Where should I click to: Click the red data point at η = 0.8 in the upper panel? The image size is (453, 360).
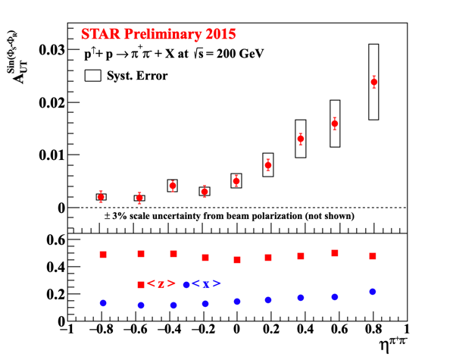(x=374, y=82)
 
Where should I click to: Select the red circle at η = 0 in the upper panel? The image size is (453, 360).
(x=236, y=181)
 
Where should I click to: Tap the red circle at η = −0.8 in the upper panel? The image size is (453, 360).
(x=101, y=197)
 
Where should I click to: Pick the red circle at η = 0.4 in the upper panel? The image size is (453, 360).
(x=301, y=139)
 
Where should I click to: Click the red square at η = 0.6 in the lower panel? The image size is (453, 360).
(x=335, y=253)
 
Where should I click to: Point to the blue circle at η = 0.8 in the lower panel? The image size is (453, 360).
(x=373, y=292)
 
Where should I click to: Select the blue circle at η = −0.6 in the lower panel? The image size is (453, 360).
(x=141, y=305)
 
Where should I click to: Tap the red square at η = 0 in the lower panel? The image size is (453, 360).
(x=237, y=260)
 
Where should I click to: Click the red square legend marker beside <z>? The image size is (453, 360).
(x=141, y=285)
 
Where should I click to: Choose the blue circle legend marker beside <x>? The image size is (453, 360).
(x=186, y=285)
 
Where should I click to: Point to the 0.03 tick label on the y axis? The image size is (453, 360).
(x=52, y=50)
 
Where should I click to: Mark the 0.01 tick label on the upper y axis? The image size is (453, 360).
(x=52, y=155)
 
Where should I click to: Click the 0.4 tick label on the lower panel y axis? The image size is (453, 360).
(x=56, y=267)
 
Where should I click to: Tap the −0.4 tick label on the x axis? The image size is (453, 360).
(x=169, y=329)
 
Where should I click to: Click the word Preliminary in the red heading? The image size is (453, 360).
(x=163, y=34)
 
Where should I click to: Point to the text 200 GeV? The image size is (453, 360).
(x=240, y=54)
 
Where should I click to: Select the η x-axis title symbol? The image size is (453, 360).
(x=384, y=346)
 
